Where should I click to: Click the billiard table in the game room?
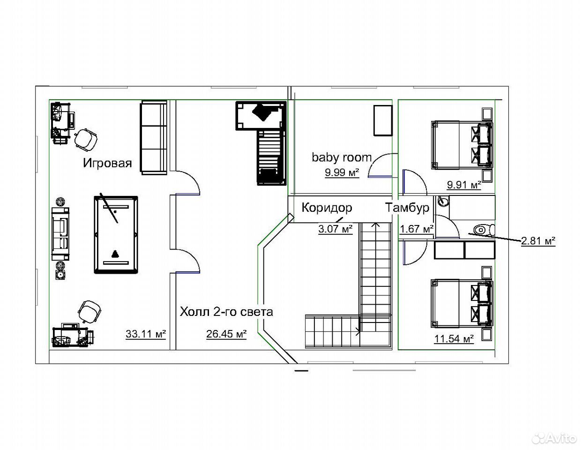click(x=116, y=235)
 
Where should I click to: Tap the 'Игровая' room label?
click(x=107, y=163)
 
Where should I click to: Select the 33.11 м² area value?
click(x=146, y=334)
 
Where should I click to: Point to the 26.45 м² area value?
click(x=226, y=334)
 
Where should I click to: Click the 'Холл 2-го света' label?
click(x=226, y=312)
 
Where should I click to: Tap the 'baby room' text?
click(x=342, y=157)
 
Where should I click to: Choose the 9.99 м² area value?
click(x=342, y=172)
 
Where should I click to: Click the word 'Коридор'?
click(x=327, y=208)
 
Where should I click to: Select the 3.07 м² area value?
click(x=336, y=229)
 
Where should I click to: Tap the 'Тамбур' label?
click(x=407, y=208)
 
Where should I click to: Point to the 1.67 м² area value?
click(x=417, y=229)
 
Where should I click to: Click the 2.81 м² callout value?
click(x=538, y=241)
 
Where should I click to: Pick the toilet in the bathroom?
click(x=484, y=230)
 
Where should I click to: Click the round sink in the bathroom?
click(x=443, y=201)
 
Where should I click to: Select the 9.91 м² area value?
click(x=464, y=185)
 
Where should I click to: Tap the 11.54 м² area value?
click(x=454, y=338)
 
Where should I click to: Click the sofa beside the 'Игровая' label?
click(x=154, y=138)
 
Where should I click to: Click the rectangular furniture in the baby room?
click(x=383, y=121)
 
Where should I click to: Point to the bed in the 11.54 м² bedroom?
click(x=462, y=303)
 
